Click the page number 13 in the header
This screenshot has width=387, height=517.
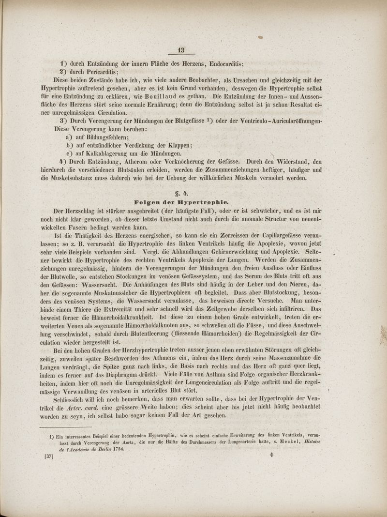click(181, 50)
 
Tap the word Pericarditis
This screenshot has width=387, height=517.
click(95, 72)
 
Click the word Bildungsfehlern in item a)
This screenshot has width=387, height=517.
click(104, 138)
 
